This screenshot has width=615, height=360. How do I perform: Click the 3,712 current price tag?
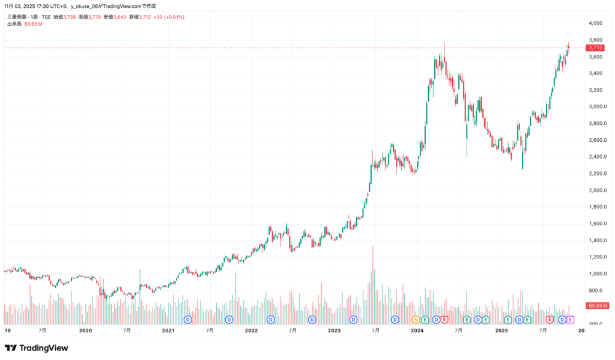tap(595, 47)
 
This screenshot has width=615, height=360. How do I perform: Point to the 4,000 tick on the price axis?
tap(595, 23)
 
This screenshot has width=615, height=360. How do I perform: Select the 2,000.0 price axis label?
tap(595, 191)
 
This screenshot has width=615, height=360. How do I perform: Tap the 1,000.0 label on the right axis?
tap(595, 274)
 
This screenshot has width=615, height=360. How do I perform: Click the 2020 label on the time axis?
tap(86, 331)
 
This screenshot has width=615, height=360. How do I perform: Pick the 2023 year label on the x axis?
tap(334, 331)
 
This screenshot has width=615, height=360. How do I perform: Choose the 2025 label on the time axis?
tap(500, 331)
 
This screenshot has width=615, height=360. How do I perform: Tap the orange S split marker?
tap(416, 320)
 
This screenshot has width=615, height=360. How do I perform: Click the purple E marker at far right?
tap(571, 320)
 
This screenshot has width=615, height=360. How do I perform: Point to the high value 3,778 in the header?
tap(94, 17)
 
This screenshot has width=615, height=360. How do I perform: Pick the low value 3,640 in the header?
tap(120, 17)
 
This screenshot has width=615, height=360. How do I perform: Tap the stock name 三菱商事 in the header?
tap(18, 17)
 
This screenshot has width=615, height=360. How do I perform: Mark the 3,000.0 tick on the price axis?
tap(595, 107)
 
